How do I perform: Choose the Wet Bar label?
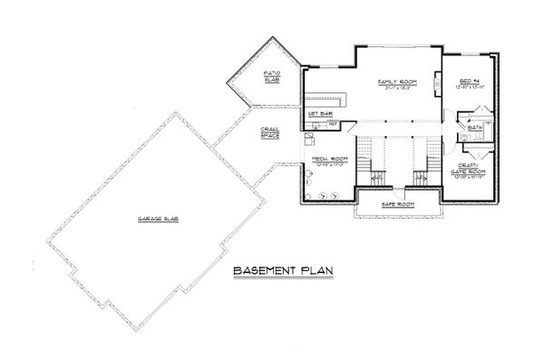318,112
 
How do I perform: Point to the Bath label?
474,128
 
